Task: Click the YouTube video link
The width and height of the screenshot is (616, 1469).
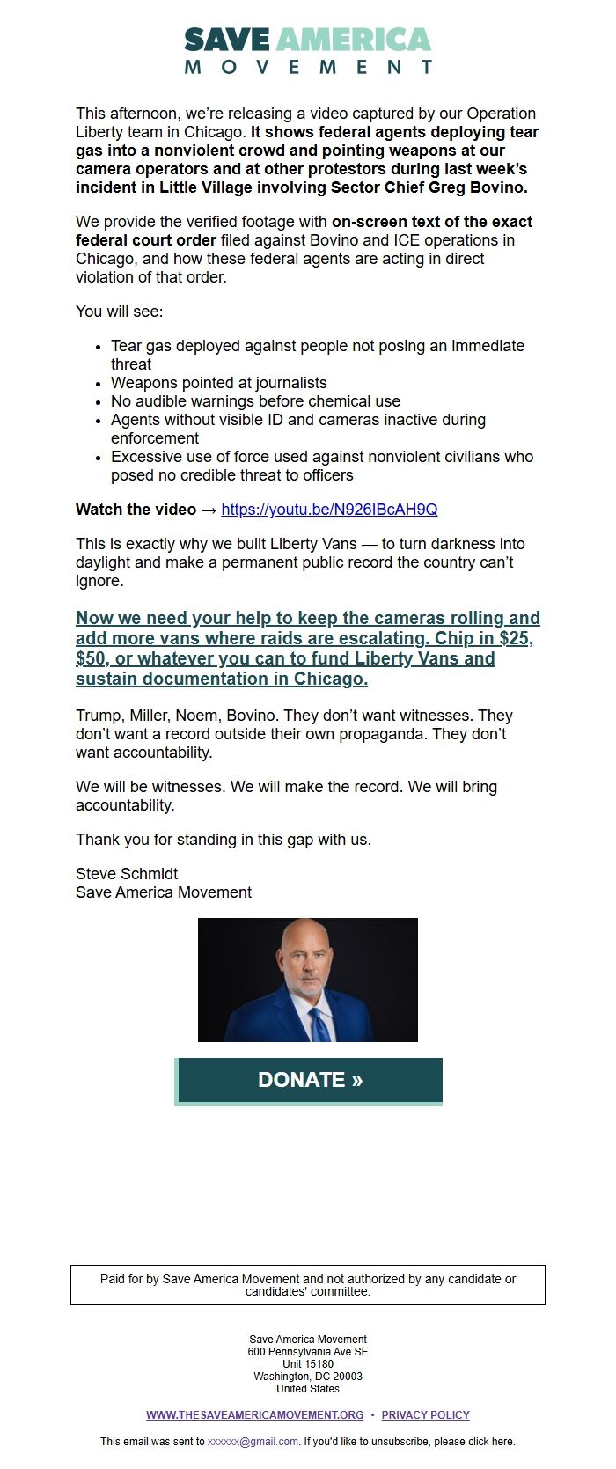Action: (329, 510)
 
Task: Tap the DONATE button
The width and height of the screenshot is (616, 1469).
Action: (309, 1080)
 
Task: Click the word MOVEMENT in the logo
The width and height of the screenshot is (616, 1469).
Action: (308, 67)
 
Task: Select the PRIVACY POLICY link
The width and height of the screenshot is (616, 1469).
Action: (425, 1414)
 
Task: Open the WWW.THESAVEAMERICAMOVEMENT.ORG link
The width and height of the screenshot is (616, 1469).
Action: (254, 1414)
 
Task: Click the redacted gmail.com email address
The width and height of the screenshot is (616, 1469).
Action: (253, 1442)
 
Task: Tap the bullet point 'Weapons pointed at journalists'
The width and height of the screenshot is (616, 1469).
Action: (218, 383)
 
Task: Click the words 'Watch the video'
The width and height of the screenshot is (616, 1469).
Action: (136, 510)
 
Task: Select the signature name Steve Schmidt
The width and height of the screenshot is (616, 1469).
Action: (127, 874)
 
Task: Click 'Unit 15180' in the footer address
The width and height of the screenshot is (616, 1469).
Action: (308, 1364)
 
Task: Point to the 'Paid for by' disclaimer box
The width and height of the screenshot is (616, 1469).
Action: (308, 1285)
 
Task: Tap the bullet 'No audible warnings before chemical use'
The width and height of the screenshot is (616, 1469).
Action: (255, 401)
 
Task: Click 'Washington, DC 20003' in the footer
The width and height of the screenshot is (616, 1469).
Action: (308, 1377)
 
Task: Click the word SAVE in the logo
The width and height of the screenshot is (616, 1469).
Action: (227, 40)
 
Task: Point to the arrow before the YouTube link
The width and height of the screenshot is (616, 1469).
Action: (209, 510)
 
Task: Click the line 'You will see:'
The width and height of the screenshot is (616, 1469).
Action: (119, 312)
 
